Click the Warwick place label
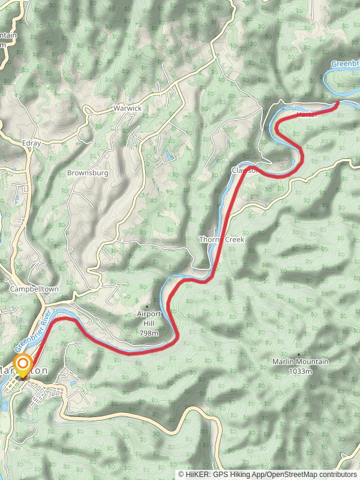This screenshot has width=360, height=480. tap(127, 109)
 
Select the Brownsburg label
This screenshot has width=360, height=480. tap(87, 173)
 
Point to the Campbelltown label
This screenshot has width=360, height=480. tap(34, 289)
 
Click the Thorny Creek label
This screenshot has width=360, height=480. tap(222, 239)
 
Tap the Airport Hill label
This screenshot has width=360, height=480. tap(149, 314)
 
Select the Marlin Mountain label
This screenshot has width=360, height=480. tap(300, 362)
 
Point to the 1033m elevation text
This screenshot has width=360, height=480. tap(300, 371)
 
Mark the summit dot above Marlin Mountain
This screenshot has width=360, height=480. tap(298, 355)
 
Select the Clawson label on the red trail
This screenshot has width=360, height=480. tap(244, 170)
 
